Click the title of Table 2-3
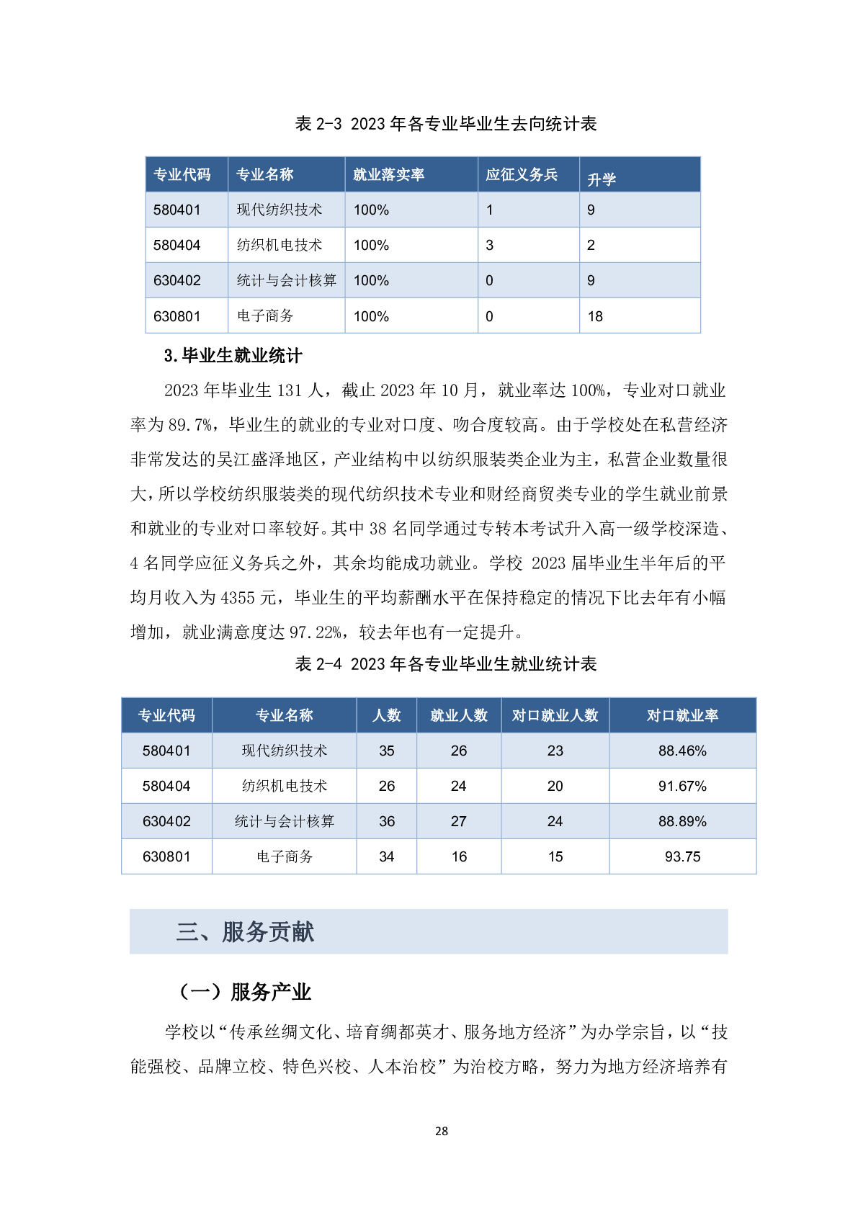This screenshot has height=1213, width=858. click(445, 124)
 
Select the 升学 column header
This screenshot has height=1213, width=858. click(602, 179)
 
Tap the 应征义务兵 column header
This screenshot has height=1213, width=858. click(521, 174)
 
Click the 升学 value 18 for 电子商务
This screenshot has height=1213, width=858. click(595, 316)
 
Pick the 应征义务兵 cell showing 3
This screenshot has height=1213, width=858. click(490, 245)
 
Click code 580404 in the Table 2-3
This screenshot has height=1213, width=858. click(176, 245)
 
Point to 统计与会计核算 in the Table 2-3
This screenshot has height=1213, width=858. click(286, 280)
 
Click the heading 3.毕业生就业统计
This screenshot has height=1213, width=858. click(233, 356)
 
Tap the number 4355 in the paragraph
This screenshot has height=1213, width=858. click(238, 598)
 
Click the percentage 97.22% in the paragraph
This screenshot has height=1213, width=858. click(316, 632)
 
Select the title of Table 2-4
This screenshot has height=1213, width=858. click(445, 664)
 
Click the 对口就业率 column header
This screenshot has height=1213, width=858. click(682, 715)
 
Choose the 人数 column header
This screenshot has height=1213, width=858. click(387, 715)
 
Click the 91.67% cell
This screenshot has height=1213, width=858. click(682, 786)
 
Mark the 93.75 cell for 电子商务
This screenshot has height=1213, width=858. click(682, 856)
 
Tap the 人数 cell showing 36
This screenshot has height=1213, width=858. click(387, 821)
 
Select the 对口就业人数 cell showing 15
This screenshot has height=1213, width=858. click(555, 856)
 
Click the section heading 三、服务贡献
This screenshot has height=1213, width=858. click(245, 932)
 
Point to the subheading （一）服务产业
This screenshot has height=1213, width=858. click(244, 992)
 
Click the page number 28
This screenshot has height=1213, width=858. click(442, 1131)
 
